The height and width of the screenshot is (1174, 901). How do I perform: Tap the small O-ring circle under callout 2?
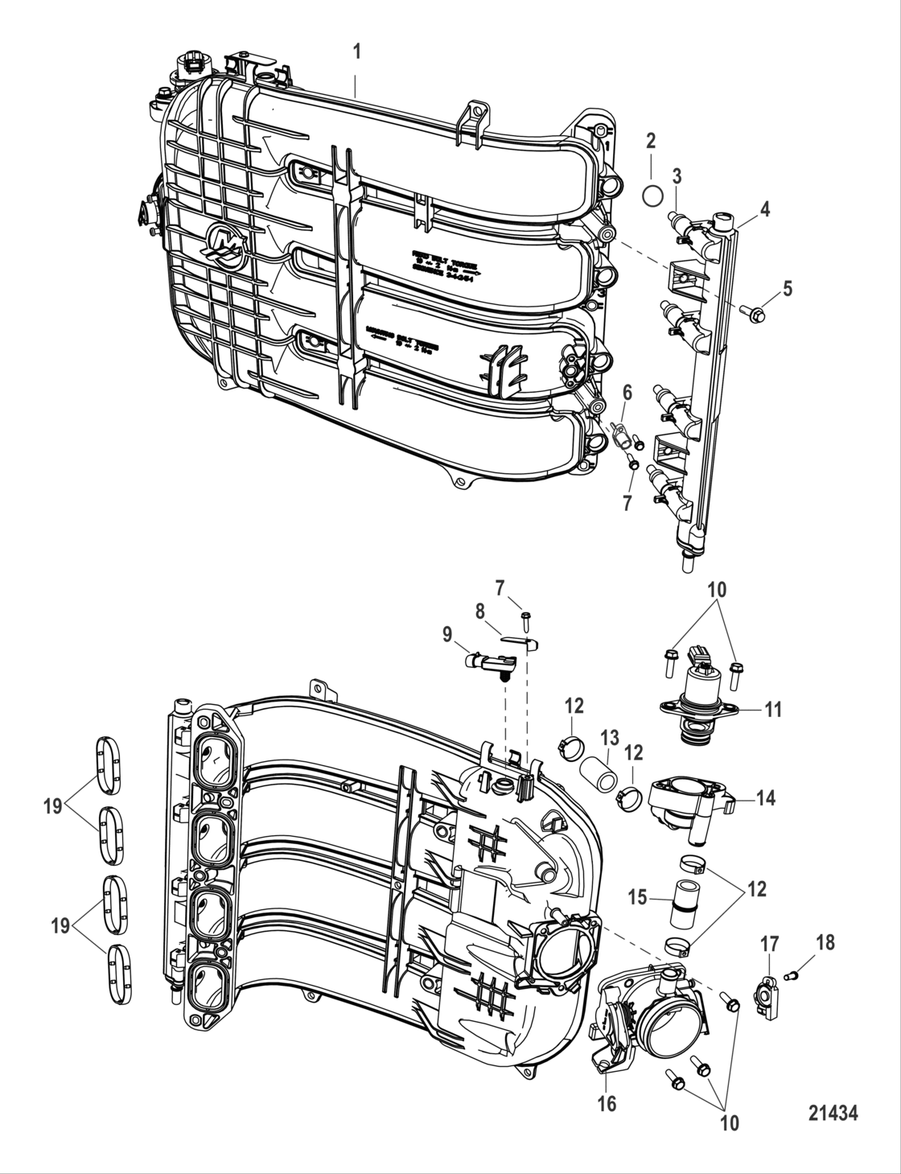[653, 194]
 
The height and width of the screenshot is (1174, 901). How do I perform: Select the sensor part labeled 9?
[487, 662]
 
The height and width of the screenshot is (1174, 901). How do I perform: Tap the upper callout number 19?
[53, 806]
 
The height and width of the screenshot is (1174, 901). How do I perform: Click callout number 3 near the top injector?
[677, 175]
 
